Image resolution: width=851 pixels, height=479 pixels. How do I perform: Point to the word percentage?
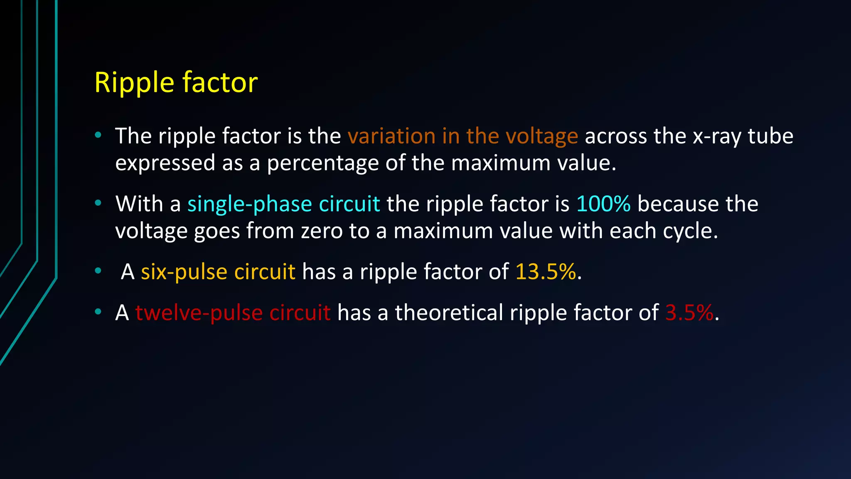pos(322,163)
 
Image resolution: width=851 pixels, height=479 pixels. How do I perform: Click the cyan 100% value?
pos(603,204)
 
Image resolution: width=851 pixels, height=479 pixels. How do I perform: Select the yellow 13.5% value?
pos(546,272)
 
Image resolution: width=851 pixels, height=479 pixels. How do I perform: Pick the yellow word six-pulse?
pos(184,272)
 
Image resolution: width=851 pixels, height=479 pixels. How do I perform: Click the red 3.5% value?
pos(689,312)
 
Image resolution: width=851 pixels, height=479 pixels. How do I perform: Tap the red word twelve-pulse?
pos(199,312)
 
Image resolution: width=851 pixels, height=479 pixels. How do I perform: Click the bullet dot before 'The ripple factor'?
pos(98,135)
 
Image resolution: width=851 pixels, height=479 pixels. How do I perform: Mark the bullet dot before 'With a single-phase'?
pos(98,203)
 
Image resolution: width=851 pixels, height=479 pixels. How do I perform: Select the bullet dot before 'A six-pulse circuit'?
pos(98,271)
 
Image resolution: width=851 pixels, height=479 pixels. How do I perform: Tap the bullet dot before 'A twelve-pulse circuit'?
pos(98,311)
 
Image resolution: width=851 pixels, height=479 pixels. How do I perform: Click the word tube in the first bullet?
pos(770,136)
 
